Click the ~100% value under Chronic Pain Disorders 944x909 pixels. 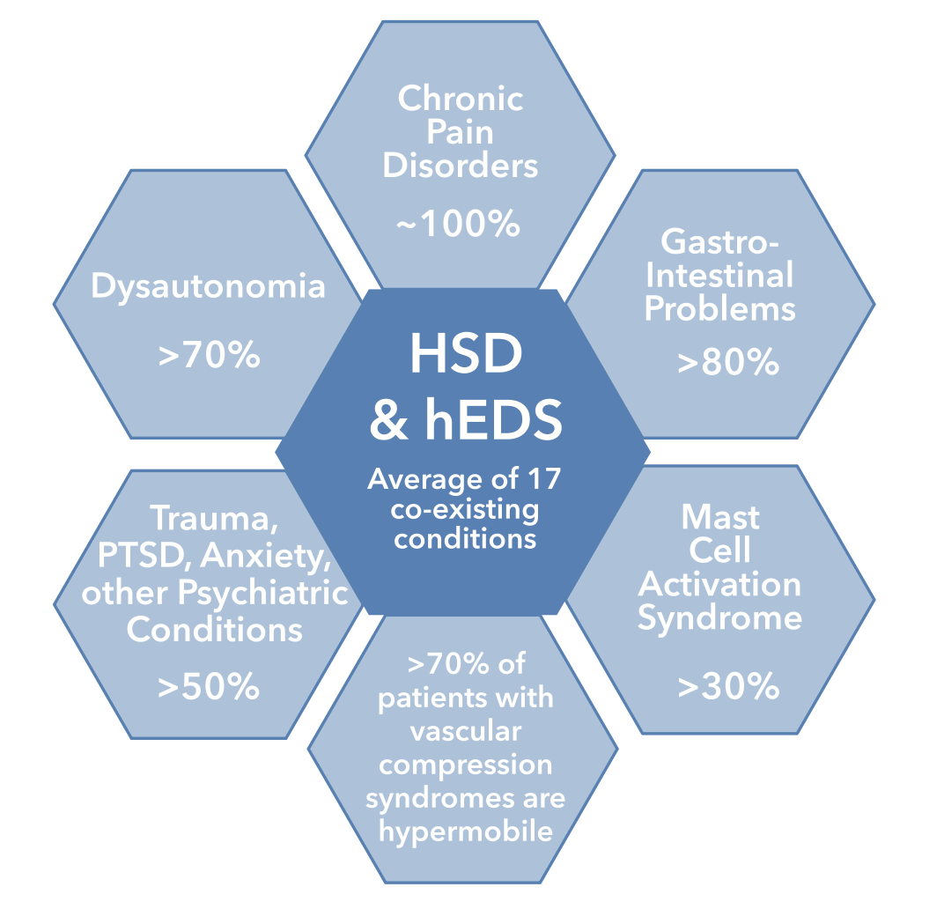tap(458, 225)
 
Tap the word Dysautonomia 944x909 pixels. tap(208, 287)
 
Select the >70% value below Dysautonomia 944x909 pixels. tap(209, 356)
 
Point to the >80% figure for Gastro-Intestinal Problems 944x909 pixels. tap(728, 362)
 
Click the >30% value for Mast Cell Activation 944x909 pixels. tap(728, 686)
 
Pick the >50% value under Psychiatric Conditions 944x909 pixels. tap(209, 686)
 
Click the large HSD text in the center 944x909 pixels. tap(466, 354)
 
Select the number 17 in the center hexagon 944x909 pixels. tap(542, 480)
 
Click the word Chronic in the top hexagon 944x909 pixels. tap(461, 99)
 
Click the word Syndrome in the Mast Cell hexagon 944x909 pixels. tap(720, 617)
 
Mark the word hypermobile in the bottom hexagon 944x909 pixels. tap(465, 831)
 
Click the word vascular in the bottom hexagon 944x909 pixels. tap(465, 731)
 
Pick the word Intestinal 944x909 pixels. tap(720, 276)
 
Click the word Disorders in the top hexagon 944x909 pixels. tap(461, 166)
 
